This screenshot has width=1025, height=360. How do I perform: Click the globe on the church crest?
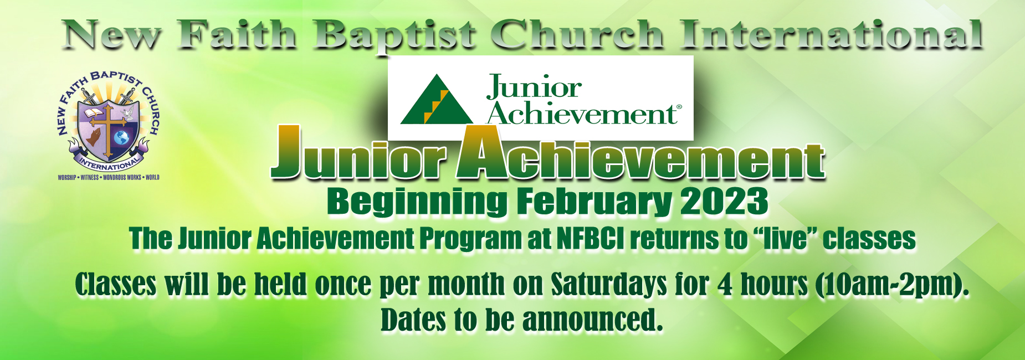click(121, 137)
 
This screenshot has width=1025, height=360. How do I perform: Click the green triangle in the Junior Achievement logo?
click(437, 99)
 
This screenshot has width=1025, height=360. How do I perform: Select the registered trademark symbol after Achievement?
click(679, 108)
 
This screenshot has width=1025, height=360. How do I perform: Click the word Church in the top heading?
click(578, 34)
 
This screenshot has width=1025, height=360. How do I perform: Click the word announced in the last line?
click(592, 320)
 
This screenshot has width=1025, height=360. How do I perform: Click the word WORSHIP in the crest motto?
click(67, 178)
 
